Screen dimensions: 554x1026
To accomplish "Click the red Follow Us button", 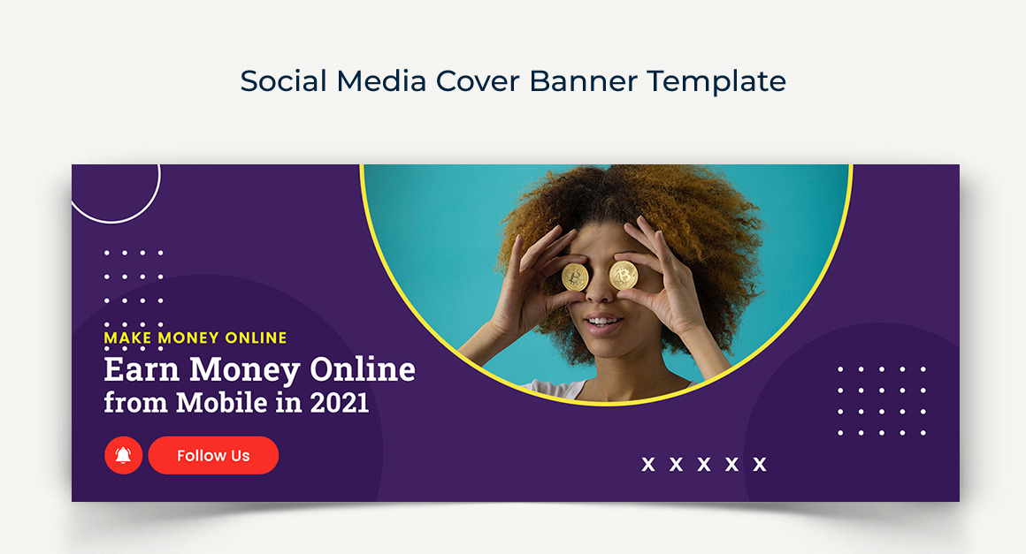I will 213,456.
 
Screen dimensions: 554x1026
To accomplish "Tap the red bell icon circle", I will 123,456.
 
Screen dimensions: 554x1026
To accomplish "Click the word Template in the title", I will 716,81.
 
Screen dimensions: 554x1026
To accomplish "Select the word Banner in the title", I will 584,81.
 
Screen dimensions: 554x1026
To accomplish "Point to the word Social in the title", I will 285,81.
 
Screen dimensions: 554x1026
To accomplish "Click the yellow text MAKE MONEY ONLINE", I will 195,338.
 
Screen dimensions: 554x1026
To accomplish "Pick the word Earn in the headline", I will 142,369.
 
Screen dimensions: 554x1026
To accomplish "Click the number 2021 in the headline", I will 339,403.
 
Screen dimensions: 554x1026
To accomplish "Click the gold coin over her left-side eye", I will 575,277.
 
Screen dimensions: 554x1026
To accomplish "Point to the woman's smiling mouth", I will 603,323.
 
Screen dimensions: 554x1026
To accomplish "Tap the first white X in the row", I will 648,465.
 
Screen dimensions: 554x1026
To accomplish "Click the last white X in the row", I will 759,465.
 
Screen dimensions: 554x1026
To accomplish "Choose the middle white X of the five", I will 704,465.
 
